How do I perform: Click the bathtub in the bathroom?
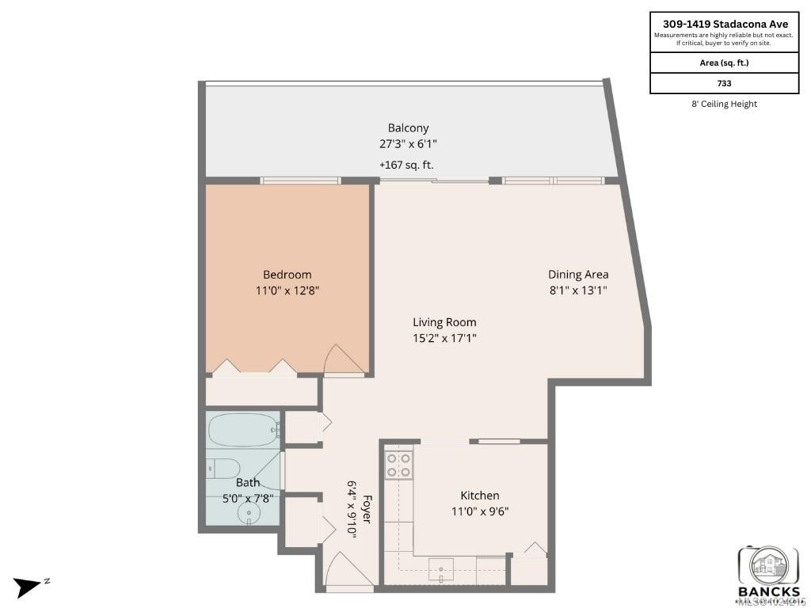(242, 431)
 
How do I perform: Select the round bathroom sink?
(249, 514)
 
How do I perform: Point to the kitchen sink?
(441, 569)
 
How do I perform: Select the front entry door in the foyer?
(348, 570)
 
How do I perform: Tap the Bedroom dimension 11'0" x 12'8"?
(287, 291)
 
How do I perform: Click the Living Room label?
(444, 322)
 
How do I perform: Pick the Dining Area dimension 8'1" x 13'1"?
(578, 290)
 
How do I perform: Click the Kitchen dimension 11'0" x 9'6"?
(480, 511)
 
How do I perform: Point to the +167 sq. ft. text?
(406, 165)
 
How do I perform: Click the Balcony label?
(408, 127)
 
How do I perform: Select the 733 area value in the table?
(724, 82)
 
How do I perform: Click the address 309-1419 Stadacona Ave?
(724, 24)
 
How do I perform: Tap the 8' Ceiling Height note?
(724, 104)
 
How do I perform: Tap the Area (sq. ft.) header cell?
(724, 63)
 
